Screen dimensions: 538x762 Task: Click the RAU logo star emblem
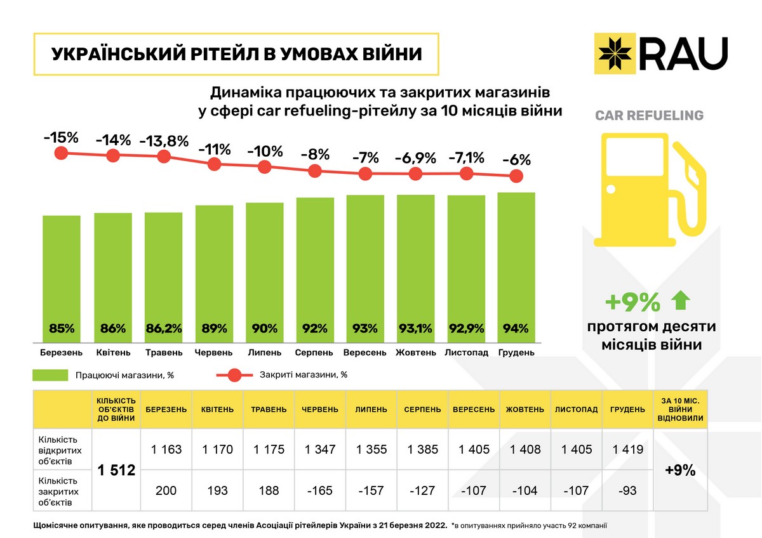[615, 52]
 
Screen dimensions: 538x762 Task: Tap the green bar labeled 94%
[516, 266]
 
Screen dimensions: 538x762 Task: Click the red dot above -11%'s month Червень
[215, 164]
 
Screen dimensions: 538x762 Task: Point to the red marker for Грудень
[517, 176]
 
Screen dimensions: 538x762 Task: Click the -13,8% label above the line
[164, 140]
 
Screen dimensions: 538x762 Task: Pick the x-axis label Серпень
[314, 353]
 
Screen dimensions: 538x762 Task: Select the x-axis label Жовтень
[415, 353]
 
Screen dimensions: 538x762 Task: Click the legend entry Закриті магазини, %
[303, 374]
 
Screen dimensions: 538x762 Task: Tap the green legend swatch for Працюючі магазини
[50, 375]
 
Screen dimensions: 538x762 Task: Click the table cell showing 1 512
[117, 470]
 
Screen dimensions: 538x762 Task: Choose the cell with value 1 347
[320, 449]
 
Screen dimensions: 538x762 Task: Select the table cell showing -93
[627, 490]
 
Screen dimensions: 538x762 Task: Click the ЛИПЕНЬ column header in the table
[371, 409]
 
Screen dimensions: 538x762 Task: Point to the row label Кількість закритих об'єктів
[59, 490]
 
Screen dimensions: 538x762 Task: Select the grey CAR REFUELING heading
[649, 115]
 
